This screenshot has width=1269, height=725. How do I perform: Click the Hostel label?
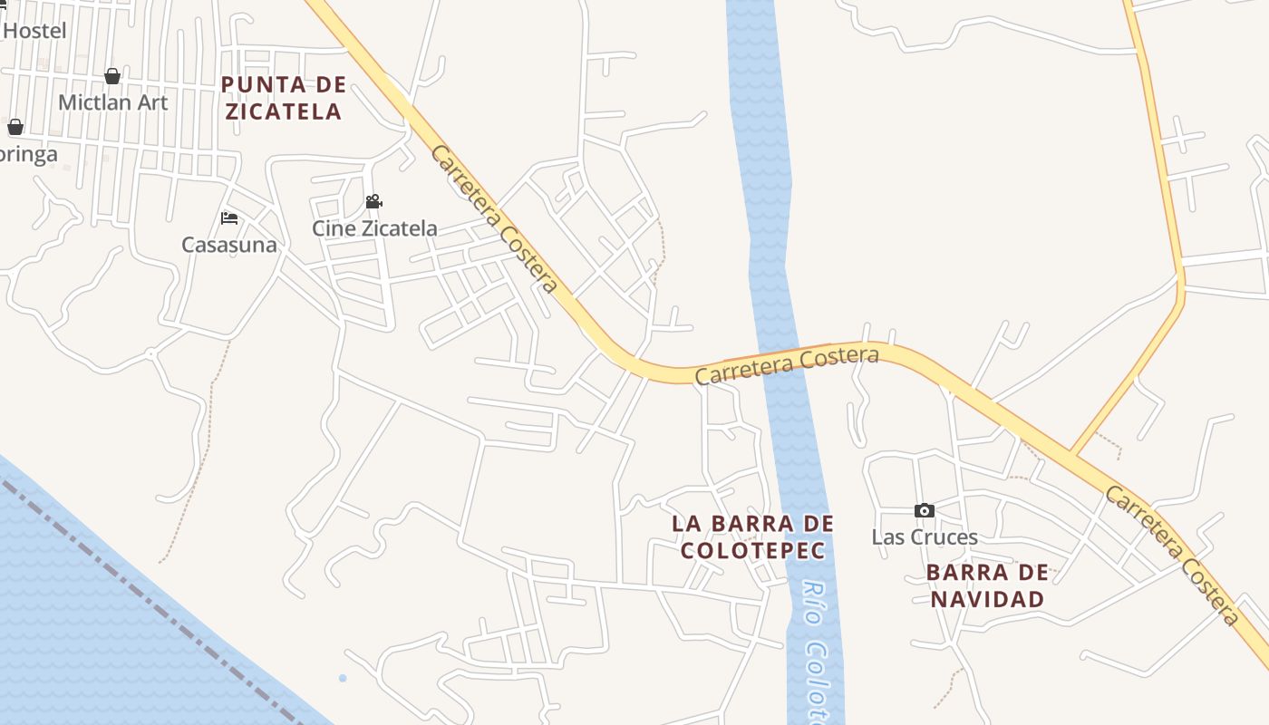point(34,31)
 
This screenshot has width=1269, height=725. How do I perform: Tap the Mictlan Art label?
point(112,102)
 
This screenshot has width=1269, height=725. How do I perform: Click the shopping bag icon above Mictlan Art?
point(112,76)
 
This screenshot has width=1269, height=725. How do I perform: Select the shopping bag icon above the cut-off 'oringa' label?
point(15,127)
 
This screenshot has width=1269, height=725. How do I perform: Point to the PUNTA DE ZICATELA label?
point(284,98)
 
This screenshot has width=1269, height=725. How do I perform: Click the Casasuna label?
point(229,245)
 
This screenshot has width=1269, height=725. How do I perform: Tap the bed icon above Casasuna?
point(229,218)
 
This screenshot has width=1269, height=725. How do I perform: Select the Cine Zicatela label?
point(374,228)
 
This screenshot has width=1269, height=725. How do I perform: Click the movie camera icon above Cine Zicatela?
point(373,201)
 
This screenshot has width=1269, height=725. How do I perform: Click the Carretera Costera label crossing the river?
point(787,365)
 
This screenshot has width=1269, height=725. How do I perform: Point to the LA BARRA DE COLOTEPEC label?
point(752,536)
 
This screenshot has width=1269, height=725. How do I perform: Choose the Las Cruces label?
point(925,537)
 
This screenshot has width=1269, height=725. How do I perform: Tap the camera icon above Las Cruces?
point(924,511)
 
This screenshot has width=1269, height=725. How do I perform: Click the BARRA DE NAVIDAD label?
point(988,585)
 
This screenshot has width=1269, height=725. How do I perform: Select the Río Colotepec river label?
point(817,652)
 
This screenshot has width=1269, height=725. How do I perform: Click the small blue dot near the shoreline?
point(343,678)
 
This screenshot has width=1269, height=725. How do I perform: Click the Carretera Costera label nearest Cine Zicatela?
point(494,219)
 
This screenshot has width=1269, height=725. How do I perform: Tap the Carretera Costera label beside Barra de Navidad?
point(1171,556)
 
